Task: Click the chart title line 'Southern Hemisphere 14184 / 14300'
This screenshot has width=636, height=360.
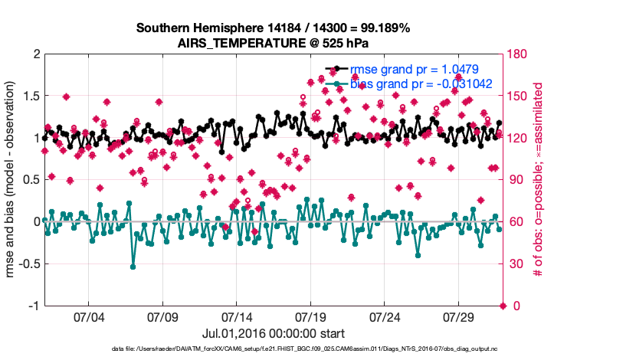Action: tap(274, 28)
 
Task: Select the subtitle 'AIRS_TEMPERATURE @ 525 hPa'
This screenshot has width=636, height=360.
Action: tap(274, 42)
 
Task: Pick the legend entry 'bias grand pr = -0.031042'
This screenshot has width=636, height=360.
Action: tap(421, 83)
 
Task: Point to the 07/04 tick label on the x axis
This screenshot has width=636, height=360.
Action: tap(87, 316)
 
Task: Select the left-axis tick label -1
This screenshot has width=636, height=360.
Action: tap(34, 306)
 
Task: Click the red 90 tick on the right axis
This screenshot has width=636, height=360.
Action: tap(516, 180)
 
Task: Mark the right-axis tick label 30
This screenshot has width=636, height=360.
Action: tap(516, 263)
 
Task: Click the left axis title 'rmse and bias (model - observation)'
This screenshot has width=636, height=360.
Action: tap(12, 180)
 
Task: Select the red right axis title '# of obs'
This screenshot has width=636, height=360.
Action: tap(538, 180)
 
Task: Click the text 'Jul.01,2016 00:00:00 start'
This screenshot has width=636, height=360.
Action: tap(274, 333)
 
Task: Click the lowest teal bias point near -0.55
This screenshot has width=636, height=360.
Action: tap(133, 267)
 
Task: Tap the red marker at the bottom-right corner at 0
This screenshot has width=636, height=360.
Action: tap(503, 306)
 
